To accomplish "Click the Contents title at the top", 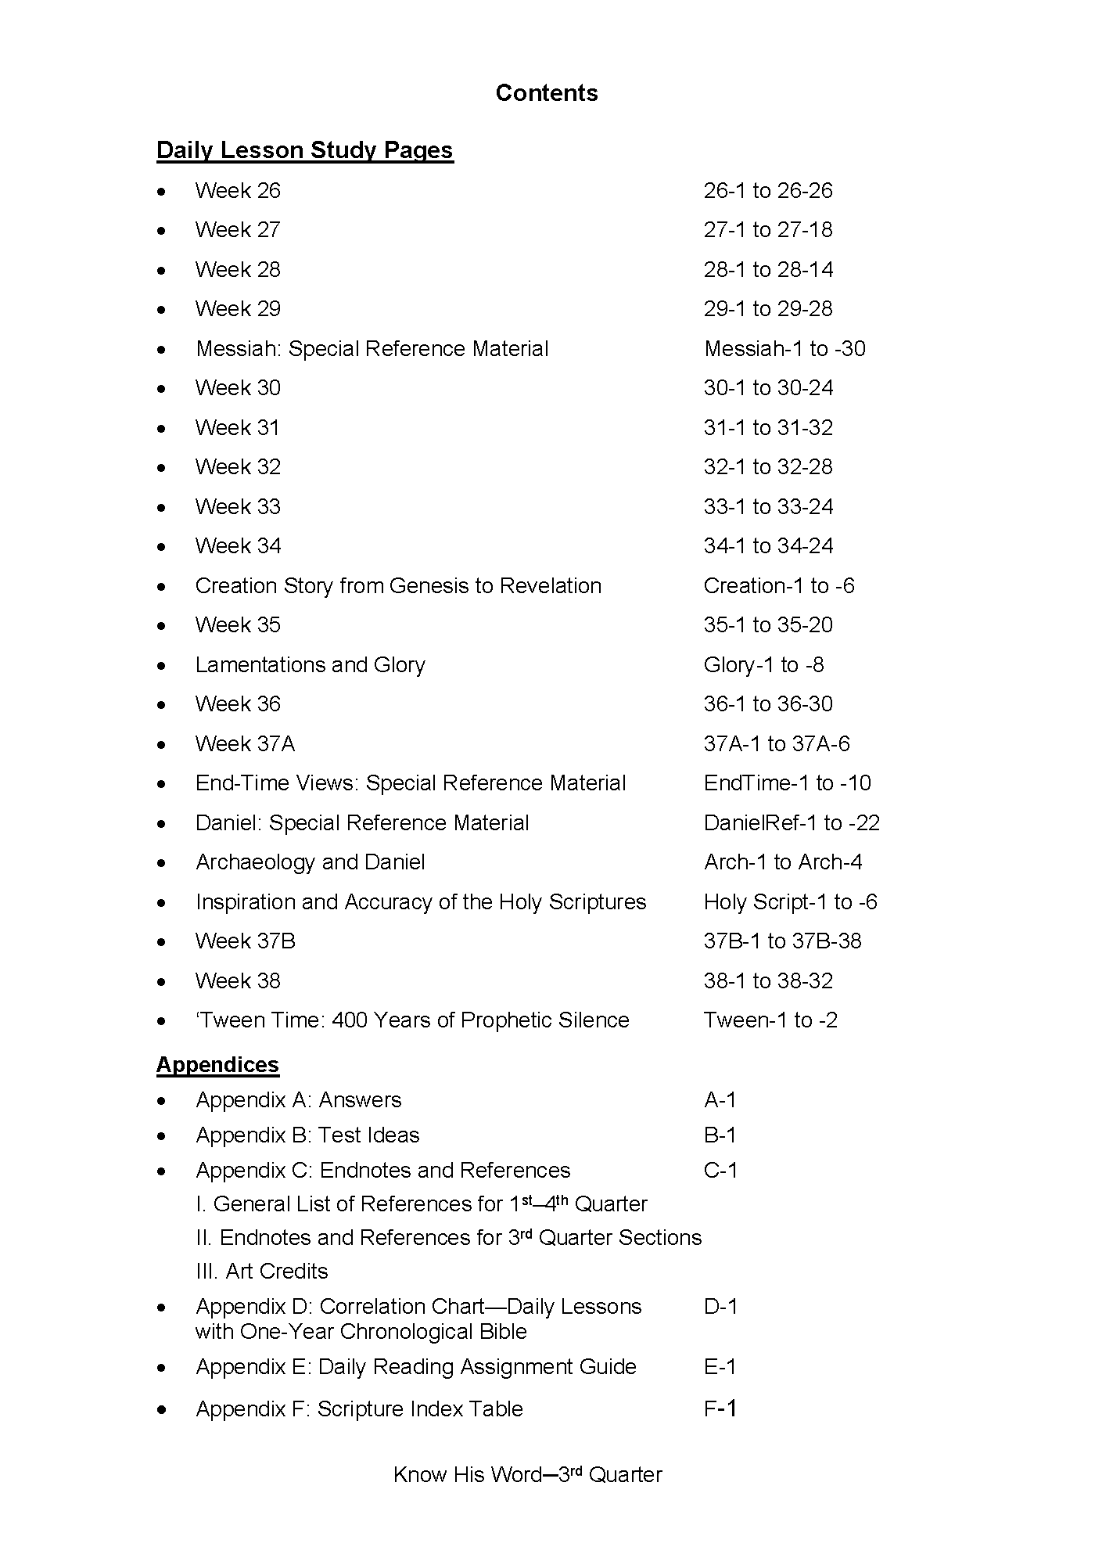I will click(x=547, y=93).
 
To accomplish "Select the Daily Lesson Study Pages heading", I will click(x=304, y=150).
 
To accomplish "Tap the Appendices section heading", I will click(x=217, y=1064).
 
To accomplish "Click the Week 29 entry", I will click(x=238, y=309).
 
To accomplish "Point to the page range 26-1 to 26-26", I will click(x=767, y=191).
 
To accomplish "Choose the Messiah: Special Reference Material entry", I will click(x=372, y=348).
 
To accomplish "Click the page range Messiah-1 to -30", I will click(x=784, y=348).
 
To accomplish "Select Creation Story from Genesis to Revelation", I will click(x=398, y=586).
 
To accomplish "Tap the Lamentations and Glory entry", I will click(x=310, y=665).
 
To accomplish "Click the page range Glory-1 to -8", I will click(x=763, y=665).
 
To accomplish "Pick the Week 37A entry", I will click(x=245, y=744).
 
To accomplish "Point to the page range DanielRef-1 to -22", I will click(x=792, y=823).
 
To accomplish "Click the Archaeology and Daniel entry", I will click(x=310, y=862).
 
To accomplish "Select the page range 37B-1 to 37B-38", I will click(x=782, y=941).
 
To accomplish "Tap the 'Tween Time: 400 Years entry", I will click(x=412, y=1020).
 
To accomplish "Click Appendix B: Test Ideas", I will click(x=307, y=1135).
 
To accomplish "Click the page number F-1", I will click(x=720, y=1409).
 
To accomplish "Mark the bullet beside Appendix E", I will click(x=162, y=1368).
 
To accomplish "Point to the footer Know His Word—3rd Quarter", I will click(x=528, y=1475).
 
